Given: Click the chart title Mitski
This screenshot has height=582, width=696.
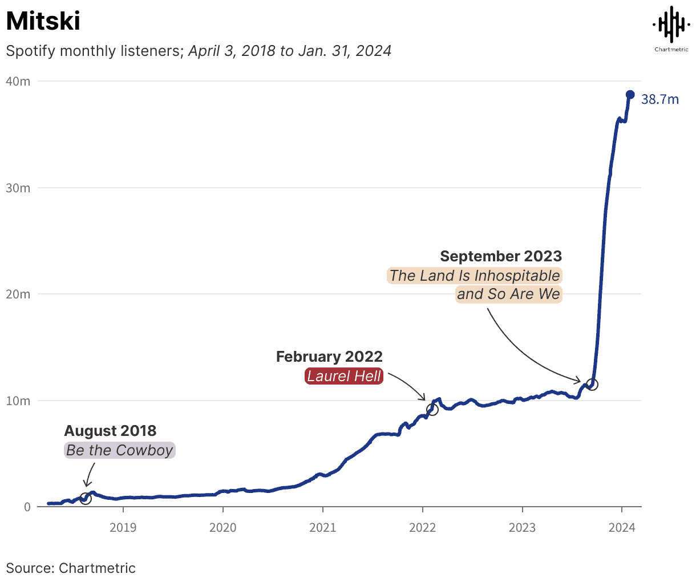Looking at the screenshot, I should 43,22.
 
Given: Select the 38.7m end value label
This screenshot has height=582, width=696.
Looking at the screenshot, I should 660,100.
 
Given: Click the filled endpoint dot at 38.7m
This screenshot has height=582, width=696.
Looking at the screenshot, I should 630,95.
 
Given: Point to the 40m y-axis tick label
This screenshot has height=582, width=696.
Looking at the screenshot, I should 18,82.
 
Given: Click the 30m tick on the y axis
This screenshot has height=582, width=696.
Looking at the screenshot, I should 18,188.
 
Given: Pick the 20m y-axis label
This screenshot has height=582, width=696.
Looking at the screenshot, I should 18,294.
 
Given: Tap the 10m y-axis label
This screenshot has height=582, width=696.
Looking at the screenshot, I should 18,401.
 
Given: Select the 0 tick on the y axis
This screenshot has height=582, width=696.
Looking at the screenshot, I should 27,507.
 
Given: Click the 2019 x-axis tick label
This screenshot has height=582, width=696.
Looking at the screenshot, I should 123,528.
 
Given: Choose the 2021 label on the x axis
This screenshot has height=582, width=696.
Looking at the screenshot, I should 322,528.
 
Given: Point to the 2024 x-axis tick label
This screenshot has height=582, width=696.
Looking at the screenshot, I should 622,528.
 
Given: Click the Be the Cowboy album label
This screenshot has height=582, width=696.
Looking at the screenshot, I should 119,450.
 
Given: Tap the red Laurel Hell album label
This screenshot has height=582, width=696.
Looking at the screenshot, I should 344,376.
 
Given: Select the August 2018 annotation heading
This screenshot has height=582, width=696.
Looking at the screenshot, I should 110,431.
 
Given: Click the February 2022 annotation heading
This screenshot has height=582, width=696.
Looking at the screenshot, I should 329,357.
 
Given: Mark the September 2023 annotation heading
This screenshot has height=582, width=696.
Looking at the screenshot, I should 501,256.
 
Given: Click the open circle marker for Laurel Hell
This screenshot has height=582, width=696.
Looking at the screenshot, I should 432,409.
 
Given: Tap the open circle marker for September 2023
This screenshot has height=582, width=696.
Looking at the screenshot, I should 592,385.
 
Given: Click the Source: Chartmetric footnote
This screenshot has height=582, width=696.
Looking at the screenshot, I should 71,568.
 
